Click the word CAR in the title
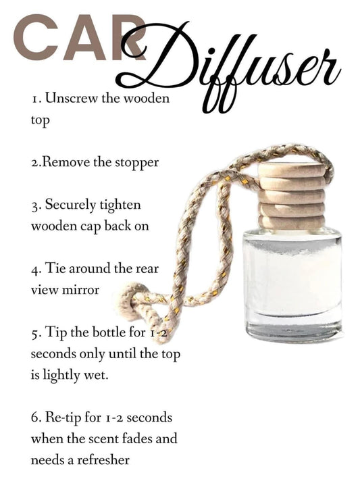(x=80, y=37)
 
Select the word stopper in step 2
(x=136, y=163)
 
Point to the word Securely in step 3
(x=70, y=205)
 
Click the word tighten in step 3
(x=120, y=205)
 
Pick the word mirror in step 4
(x=80, y=290)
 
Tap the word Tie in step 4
(x=55, y=269)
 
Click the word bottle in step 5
(x=109, y=332)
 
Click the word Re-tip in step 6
(x=63, y=418)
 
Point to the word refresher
(x=103, y=460)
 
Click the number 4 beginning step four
(x=34, y=270)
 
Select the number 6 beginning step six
(x=34, y=418)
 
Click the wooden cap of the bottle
(x=291, y=196)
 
